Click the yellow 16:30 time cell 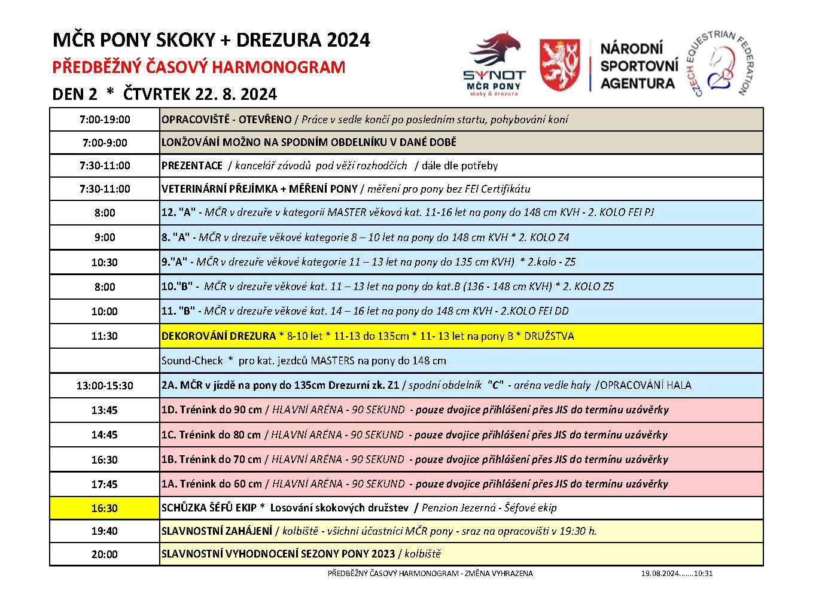pyautogui.click(x=105, y=508)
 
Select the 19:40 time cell pyautogui.click(x=105, y=531)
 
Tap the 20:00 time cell pyautogui.click(x=105, y=555)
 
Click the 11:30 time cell pyautogui.click(x=105, y=336)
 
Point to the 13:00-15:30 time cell pyautogui.click(x=105, y=386)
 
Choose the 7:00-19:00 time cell pyautogui.click(x=105, y=120)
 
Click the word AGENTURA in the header pyautogui.click(x=637, y=84)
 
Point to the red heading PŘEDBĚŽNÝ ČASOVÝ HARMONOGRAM pyautogui.click(x=199, y=67)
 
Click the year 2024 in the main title pyautogui.click(x=349, y=40)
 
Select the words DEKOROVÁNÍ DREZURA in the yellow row pyautogui.click(x=218, y=336)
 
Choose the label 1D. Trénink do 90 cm pyautogui.click(x=211, y=410)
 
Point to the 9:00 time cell pyautogui.click(x=105, y=237)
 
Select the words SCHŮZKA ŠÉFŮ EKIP pyautogui.click(x=209, y=508)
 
